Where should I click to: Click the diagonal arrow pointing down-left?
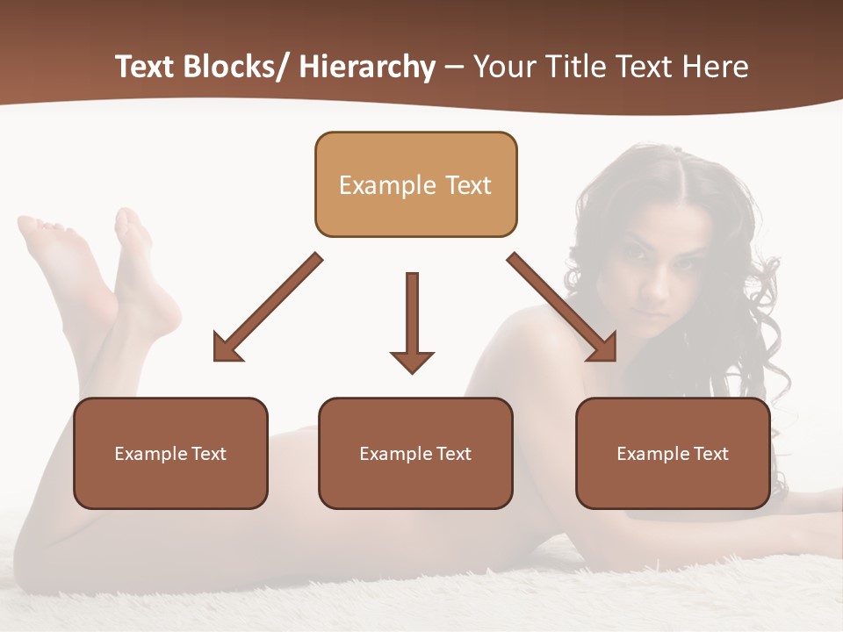[267, 308]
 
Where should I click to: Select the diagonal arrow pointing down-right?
[562, 307]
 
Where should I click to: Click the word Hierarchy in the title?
[366, 67]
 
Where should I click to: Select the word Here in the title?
[715, 67]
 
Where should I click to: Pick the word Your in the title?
[501, 67]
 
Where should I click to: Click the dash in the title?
[454, 68]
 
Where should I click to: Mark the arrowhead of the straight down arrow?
[412, 361]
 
